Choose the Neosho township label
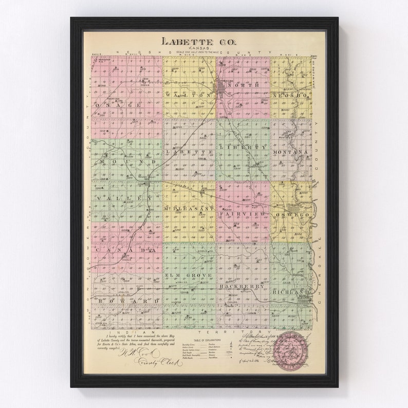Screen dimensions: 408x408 (x=290, y=96)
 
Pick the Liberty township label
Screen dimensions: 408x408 (x=243, y=147)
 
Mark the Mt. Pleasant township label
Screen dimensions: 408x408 (x=189, y=210)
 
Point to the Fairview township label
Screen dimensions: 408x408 (x=243, y=213)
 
